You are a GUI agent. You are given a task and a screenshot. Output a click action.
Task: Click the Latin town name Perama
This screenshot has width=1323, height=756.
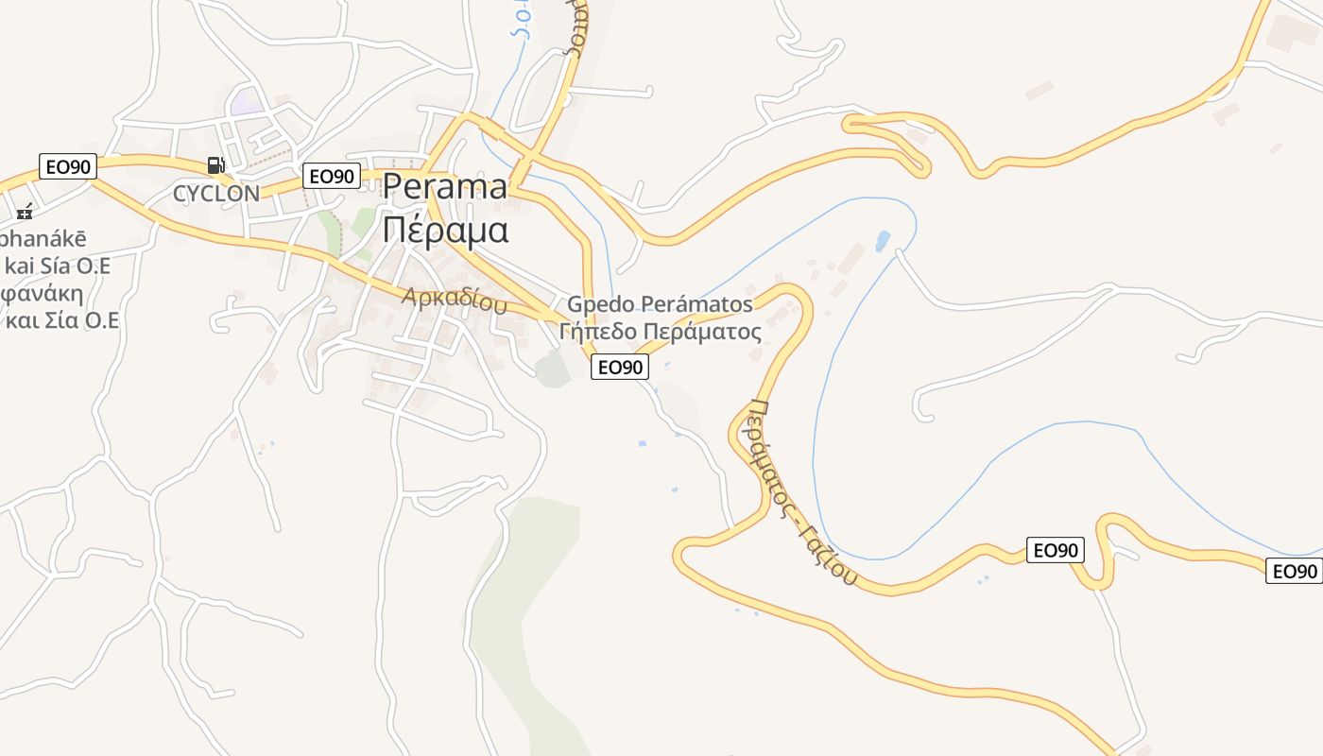(x=444, y=187)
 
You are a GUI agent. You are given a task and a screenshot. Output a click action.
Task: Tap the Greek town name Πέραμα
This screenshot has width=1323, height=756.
(x=445, y=230)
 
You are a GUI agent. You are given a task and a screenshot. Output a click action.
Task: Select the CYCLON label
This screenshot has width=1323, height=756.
(x=215, y=194)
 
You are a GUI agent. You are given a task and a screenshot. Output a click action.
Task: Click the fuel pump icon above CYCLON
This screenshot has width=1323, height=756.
(x=216, y=165)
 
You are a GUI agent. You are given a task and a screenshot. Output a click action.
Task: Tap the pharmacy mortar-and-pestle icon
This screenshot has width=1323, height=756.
(x=26, y=212)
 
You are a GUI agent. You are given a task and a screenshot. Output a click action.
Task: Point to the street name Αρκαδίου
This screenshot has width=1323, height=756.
(x=454, y=300)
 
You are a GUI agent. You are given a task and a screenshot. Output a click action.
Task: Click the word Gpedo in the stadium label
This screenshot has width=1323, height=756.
(x=600, y=304)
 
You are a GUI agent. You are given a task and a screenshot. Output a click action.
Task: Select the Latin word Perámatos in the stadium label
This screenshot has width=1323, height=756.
(x=697, y=304)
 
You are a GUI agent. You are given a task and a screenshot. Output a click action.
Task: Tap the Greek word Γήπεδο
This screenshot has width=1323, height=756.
(x=597, y=332)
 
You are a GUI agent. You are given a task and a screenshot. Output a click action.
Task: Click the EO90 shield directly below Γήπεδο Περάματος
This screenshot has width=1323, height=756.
(x=620, y=367)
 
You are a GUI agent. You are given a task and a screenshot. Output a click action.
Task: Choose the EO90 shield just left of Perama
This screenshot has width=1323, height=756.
(x=333, y=176)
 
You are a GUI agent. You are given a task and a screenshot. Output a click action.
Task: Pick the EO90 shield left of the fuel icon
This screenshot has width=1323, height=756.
(x=68, y=167)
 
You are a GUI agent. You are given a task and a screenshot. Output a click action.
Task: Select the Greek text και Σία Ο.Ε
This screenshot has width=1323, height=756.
(x=62, y=319)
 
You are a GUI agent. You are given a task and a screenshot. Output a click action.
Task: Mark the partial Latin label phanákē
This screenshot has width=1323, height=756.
(x=43, y=237)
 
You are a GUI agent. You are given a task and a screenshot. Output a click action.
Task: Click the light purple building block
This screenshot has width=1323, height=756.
(x=248, y=101)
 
